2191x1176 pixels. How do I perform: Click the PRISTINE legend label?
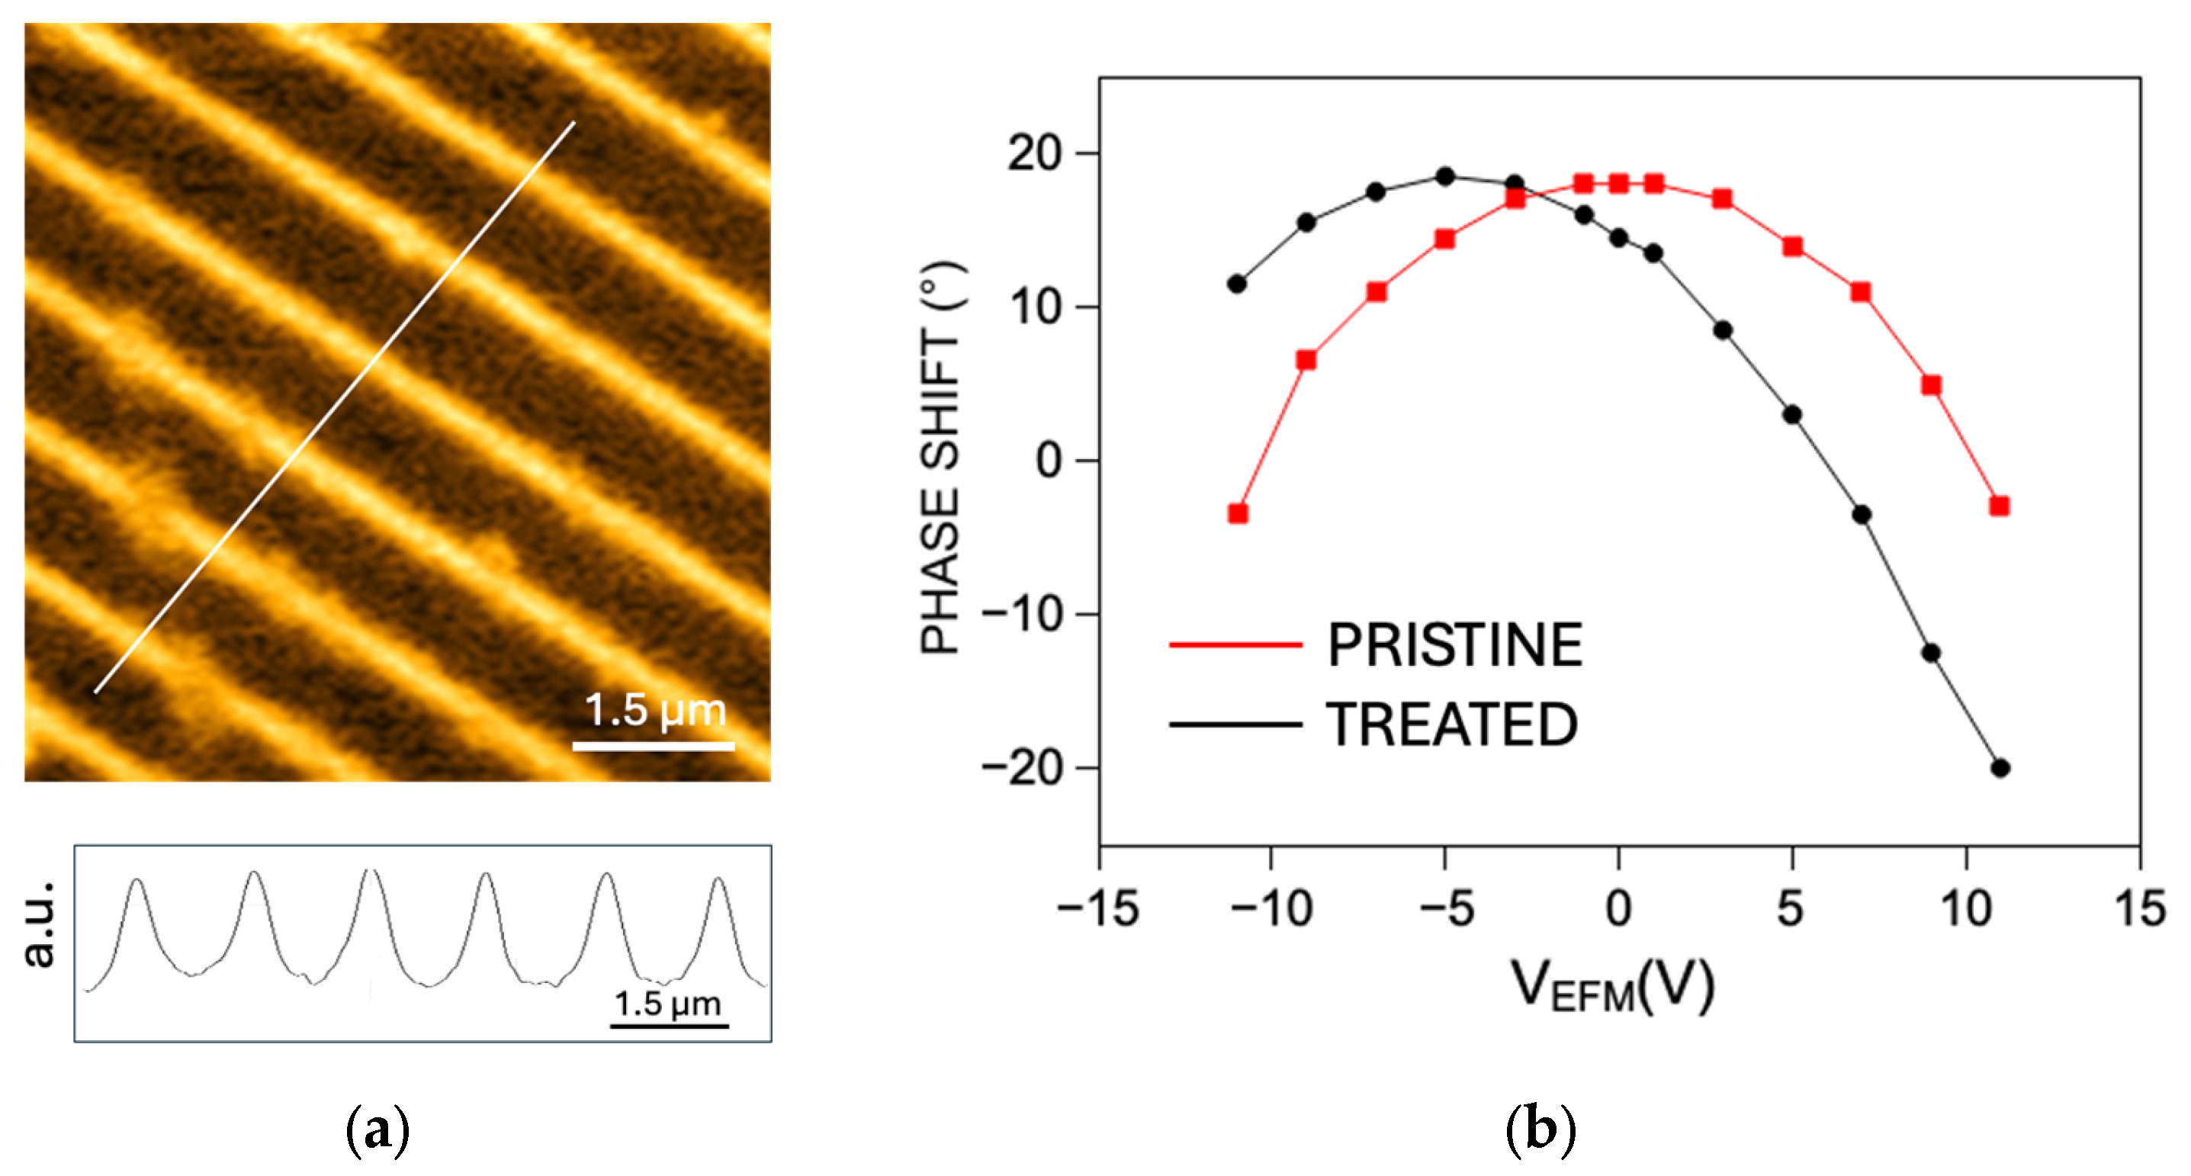point(1454,644)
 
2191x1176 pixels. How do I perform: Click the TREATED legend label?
point(1452,725)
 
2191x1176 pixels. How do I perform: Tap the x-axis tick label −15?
point(1098,908)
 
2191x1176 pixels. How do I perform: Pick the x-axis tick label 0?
point(1618,908)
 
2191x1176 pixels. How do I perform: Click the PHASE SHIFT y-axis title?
point(941,459)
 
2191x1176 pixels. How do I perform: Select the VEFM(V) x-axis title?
point(1611,986)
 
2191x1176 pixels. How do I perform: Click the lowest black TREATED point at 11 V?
point(2000,768)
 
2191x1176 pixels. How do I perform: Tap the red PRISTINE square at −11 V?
point(1238,512)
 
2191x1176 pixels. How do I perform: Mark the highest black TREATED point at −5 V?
point(1445,177)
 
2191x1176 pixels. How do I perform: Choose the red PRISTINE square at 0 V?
point(1618,184)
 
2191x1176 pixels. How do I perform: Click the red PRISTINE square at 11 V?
point(2000,506)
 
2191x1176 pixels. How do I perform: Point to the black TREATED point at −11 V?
point(1238,283)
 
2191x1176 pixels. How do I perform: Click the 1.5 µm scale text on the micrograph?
point(655,710)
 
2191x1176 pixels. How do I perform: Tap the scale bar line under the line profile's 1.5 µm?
point(670,1027)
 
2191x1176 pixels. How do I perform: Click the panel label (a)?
point(377,1131)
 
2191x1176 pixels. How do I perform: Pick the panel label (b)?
point(1540,1131)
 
